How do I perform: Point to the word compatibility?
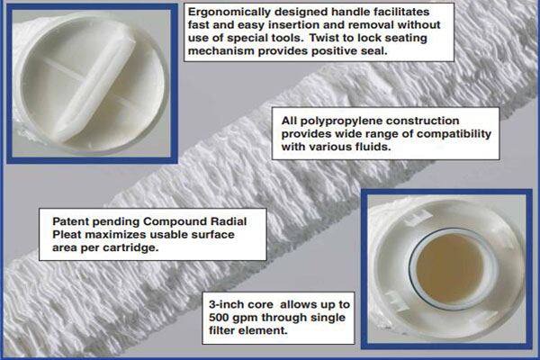[441, 133]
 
